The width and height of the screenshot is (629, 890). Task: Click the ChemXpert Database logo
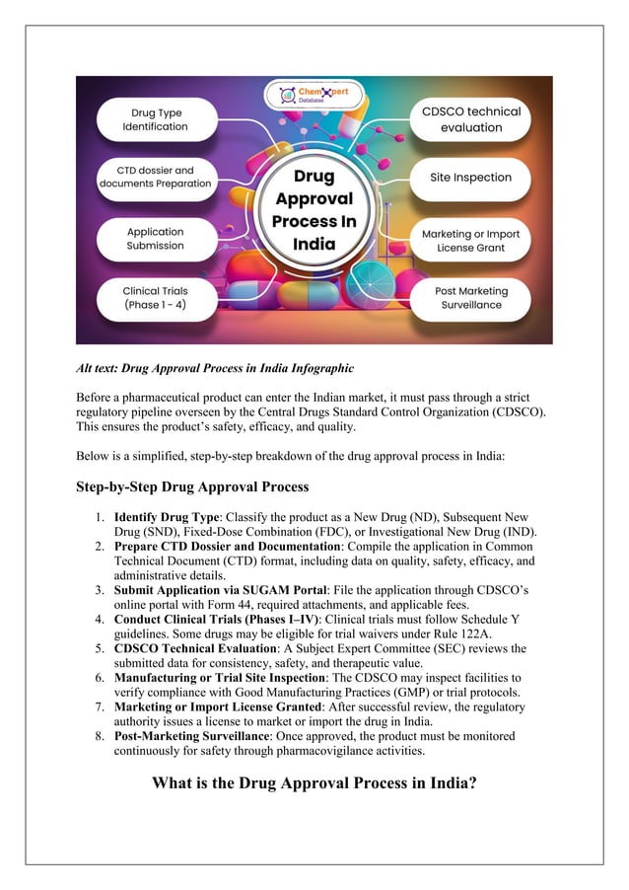314,97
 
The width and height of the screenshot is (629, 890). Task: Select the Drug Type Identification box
155,120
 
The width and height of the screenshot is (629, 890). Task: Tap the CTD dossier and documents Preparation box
155,177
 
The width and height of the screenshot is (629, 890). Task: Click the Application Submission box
155,239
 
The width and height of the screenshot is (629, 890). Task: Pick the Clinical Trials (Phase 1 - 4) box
155,298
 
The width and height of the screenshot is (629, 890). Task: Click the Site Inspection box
471,178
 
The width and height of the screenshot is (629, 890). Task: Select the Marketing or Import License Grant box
471,241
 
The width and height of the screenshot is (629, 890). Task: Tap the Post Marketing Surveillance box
471,298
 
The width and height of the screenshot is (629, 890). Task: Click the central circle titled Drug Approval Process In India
314,210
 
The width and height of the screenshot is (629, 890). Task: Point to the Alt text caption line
215,369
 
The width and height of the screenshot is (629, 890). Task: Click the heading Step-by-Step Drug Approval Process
192,486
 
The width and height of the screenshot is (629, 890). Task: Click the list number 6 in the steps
101,679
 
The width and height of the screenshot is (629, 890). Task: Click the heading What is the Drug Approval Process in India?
314,783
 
